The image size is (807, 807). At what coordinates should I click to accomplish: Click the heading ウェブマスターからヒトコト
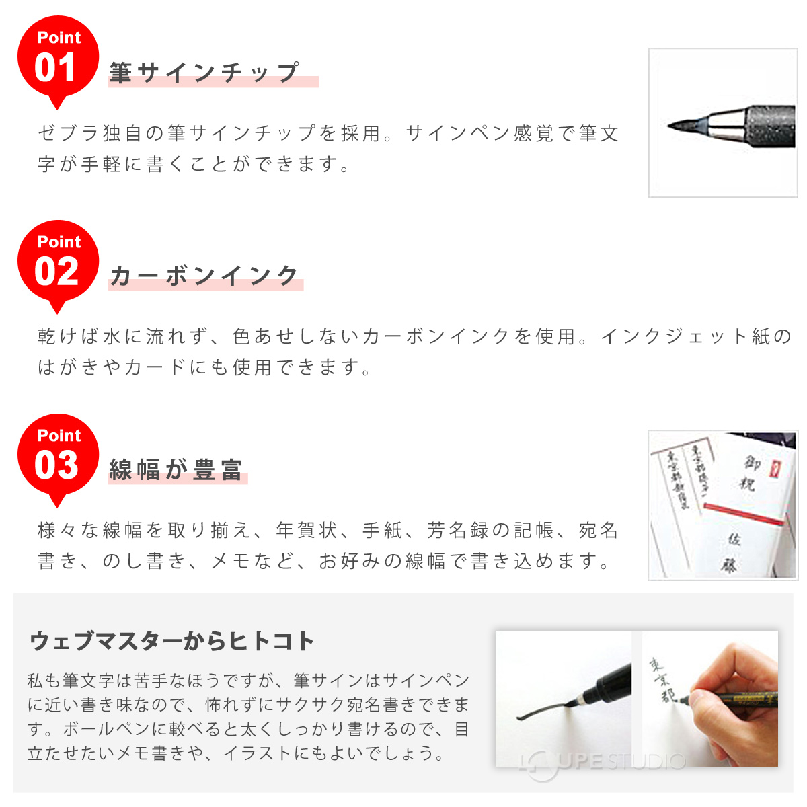coord(172,641)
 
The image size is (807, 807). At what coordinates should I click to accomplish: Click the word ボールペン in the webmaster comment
coord(98,729)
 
